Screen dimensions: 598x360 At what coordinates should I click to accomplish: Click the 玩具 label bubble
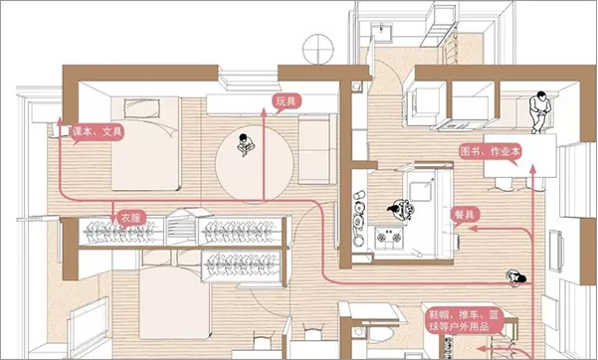[x=287, y=102]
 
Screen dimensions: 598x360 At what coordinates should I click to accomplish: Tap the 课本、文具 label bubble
[x=98, y=133]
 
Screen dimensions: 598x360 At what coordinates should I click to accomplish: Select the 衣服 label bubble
[x=130, y=218]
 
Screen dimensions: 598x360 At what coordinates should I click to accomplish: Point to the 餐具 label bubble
[x=464, y=215]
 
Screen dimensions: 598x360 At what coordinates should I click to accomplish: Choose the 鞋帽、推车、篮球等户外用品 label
[x=464, y=321]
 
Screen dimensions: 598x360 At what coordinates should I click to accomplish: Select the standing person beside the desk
[x=538, y=112]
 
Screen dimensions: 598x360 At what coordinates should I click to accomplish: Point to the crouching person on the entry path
[x=516, y=277]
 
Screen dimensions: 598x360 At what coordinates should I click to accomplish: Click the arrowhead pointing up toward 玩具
[x=263, y=111]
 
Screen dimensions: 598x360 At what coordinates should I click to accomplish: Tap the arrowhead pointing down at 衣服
[x=112, y=219]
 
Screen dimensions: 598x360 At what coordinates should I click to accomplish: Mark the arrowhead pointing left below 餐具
[x=473, y=229]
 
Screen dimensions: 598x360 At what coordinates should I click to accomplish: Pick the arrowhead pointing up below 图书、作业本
[x=532, y=170]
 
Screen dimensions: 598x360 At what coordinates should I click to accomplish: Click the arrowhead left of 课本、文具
[x=60, y=121]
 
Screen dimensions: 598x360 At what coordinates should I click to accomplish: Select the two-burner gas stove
[x=389, y=238]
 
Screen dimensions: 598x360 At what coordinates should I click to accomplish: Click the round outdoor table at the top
[x=317, y=49]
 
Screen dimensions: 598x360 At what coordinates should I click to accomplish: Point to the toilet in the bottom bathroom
[x=379, y=335]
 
